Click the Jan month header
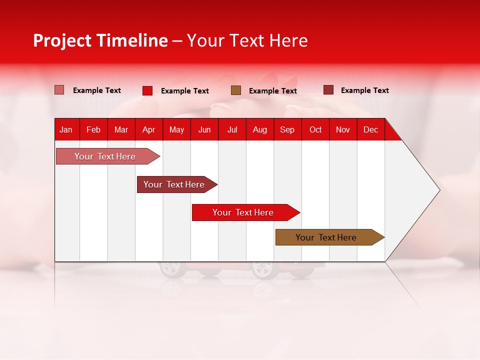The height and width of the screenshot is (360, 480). [66, 129]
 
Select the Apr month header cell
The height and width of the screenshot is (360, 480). [149, 129]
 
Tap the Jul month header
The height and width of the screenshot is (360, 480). [232, 129]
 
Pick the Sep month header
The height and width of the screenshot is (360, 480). [287, 129]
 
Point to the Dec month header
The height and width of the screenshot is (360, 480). [370, 129]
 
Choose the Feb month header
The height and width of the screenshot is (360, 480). [93, 129]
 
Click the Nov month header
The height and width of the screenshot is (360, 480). [343, 129]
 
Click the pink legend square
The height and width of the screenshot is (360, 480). [59, 90]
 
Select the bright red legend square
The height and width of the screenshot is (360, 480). [147, 90]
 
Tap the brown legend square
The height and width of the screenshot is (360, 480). [236, 90]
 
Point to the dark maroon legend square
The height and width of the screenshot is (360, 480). [328, 90]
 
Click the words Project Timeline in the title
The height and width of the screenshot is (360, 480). [100, 40]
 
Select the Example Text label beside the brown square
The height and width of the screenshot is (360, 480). [273, 91]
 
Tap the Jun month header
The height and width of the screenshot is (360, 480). [204, 129]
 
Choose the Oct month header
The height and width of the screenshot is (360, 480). [315, 129]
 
